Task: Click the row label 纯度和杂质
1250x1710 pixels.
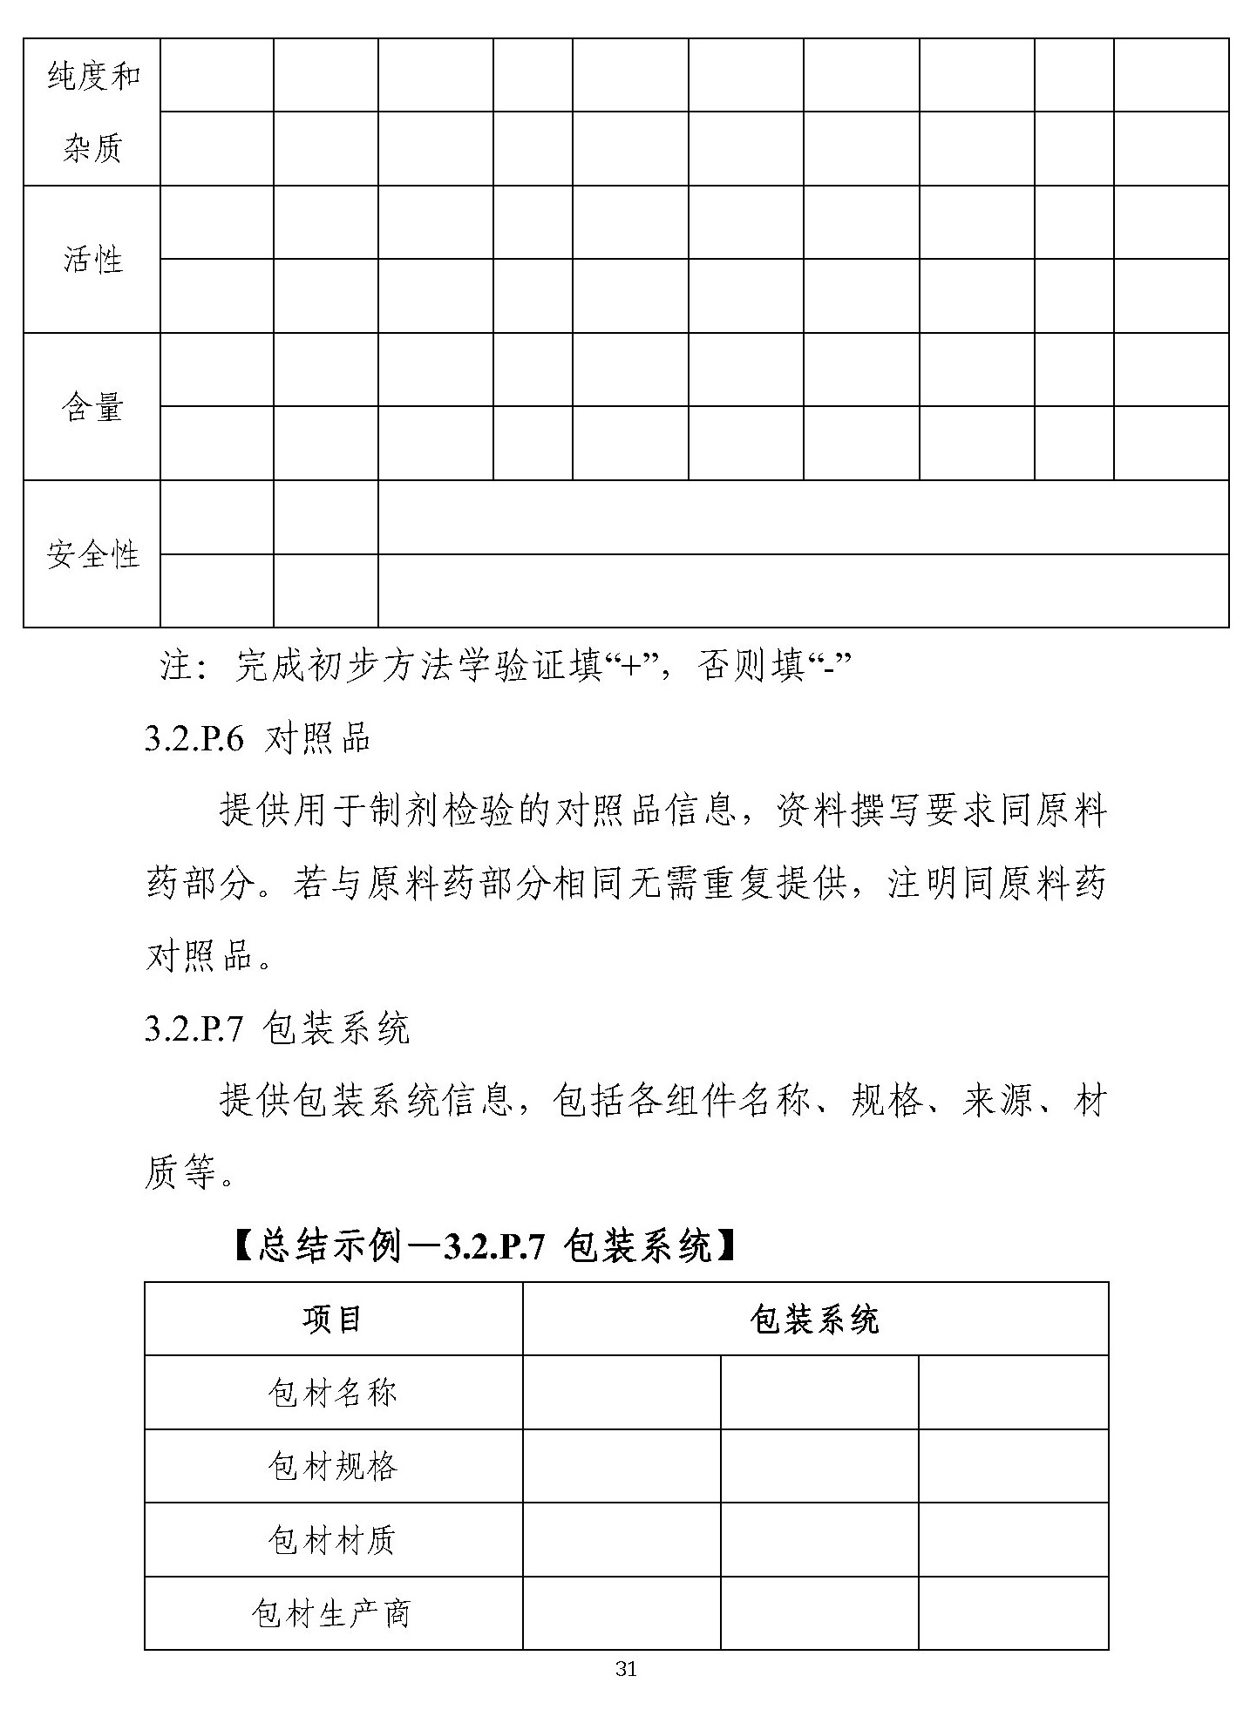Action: pyautogui.click(x=92, y=112)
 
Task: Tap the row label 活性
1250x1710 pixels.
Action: pyautogui.click(x=92, y=260)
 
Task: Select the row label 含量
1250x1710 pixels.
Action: pyautogui.click(x=92, y=407)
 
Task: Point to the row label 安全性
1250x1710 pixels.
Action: pyautogui.click(x=92, y=554)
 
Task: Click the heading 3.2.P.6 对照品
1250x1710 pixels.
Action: pyautogui.click(x=258, y=739)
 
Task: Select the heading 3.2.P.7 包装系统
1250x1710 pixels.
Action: pyautogui.click(x=276, y=1028)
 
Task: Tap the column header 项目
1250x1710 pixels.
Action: pyautogui.click(x=332, y=1319)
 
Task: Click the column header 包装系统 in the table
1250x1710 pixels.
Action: pyautogui.click(x=814, y=1320)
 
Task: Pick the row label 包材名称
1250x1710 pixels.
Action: pyautogui.click(x=332, y=1393)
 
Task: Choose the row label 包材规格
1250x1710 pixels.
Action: pyautogui.click(x=332, y=1466)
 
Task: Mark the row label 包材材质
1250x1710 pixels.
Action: pyautogui.click(x=332, y=1540)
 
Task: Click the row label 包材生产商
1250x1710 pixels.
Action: pyautogui.click(x=332, y=1613)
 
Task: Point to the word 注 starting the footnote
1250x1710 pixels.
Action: pyautogui.click(x=176, y=668)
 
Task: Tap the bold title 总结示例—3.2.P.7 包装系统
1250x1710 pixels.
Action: pyautogui.click(x=485, y=1247)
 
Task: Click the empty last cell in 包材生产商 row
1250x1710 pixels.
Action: pyautogui.click(x=1013, y=1613)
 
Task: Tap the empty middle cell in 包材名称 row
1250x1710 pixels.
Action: pyautogui.click(x=819, y=1393)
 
